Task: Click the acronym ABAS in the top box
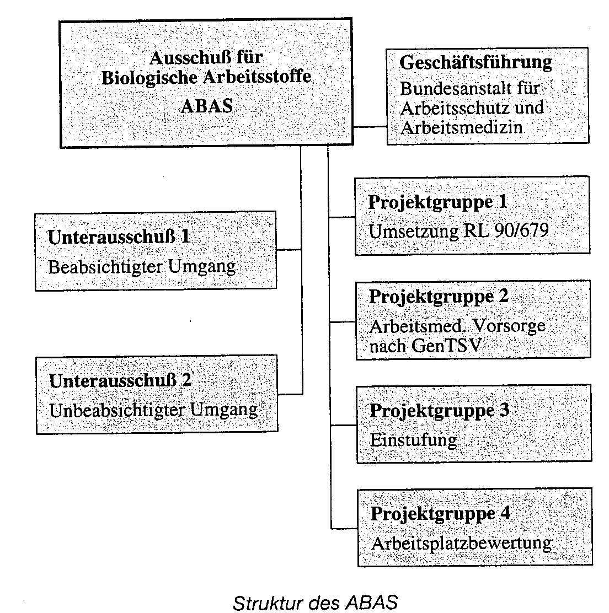coord(206,106)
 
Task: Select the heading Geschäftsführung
coord(476,62)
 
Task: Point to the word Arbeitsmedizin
coord(462,127)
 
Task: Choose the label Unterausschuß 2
coord(120,380)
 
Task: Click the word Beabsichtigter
coord(105,267)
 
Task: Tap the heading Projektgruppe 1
coord(437,202)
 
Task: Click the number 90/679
coord(521,230)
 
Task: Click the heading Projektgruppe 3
coord(440,411)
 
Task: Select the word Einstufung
coord(413,440)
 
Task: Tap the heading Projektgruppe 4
coord(440,513)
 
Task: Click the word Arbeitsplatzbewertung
coord(462,544)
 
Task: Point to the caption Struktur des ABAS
coord(315,602)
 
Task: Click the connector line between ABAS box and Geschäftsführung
coord(370,127)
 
